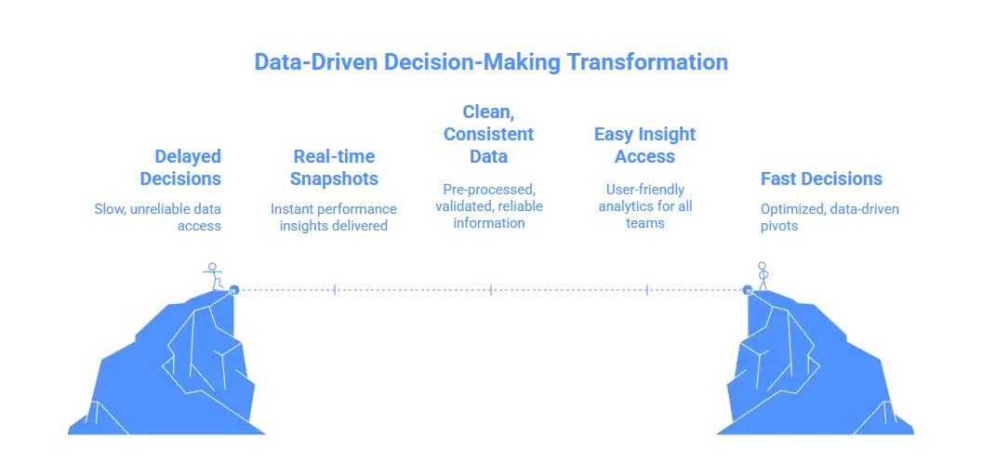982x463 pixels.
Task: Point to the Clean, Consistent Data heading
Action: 487,134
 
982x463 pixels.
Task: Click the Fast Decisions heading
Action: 821,179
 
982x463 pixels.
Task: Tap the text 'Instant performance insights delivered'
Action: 334,216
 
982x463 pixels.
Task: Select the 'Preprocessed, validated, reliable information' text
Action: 490,205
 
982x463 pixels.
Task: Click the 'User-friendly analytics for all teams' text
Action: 644,205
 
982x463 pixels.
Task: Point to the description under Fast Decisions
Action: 827,216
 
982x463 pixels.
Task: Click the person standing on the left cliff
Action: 215,273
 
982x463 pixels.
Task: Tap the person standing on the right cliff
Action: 763,273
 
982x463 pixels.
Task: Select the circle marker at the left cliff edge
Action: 233,290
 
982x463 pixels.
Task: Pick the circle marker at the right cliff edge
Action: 747,290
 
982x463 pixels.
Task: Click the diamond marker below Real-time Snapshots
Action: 336,290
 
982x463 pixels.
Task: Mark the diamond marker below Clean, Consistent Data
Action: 490,290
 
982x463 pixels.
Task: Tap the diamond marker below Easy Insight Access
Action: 644,290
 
